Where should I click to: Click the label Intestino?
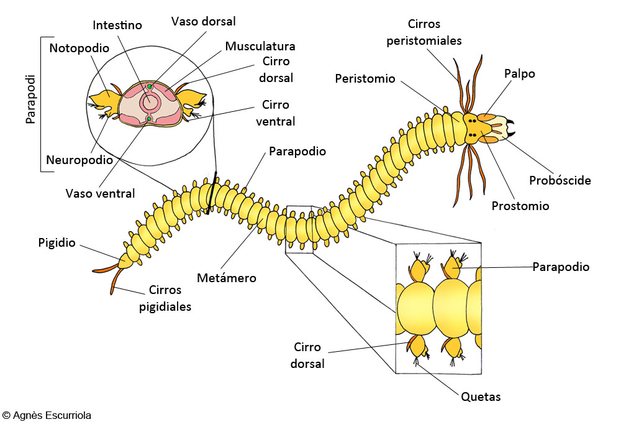(117, 25)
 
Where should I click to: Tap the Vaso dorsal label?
(203, 21)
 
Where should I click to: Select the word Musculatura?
(260, 46)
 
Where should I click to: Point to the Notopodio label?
(79, 48)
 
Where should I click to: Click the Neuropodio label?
(79, 160)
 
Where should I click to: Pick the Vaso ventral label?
(100, 193)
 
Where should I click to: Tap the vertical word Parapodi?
(31, 99)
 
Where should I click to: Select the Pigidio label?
(57, 242)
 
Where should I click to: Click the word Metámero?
(227, 278)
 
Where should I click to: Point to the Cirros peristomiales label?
(424, 32)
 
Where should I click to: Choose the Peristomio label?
(365, 78)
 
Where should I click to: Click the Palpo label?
(519, 74)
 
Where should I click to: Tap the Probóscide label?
(560, 180)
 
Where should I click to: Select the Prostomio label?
(520, 206)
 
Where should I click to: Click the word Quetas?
(481, 397)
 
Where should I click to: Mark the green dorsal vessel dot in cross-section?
(149, 86)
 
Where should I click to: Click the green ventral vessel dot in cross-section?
(149, 119)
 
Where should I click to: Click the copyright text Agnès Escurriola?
(47, 415)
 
